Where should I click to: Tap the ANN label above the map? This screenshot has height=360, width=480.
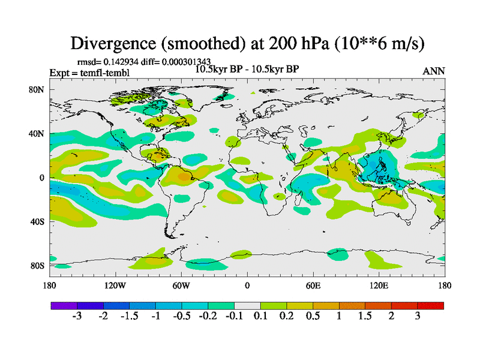(434, 71)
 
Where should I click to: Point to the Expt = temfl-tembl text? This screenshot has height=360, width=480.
(89, 73)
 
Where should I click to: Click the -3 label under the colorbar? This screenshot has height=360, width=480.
(77, 317)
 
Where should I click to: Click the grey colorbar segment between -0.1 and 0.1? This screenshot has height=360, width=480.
(247, 305)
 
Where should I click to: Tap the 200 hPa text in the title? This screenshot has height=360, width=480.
(277, 43)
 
